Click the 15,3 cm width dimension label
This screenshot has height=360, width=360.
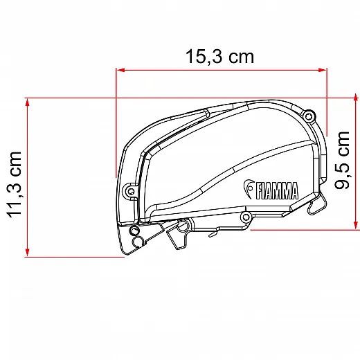coord(219,57)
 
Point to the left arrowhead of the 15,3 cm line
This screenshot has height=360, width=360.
coord(119,70)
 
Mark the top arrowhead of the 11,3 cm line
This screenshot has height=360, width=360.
coord(28,101)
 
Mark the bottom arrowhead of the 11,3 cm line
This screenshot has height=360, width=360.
coord(28,253)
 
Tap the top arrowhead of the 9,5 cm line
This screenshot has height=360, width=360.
coord(356,100)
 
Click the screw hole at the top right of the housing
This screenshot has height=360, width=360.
coord(309,115)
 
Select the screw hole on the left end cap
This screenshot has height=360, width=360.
coord(129,190)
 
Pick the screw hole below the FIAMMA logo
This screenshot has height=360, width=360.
coord(245,217)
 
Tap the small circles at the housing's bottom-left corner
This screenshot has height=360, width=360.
coord(138,238)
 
